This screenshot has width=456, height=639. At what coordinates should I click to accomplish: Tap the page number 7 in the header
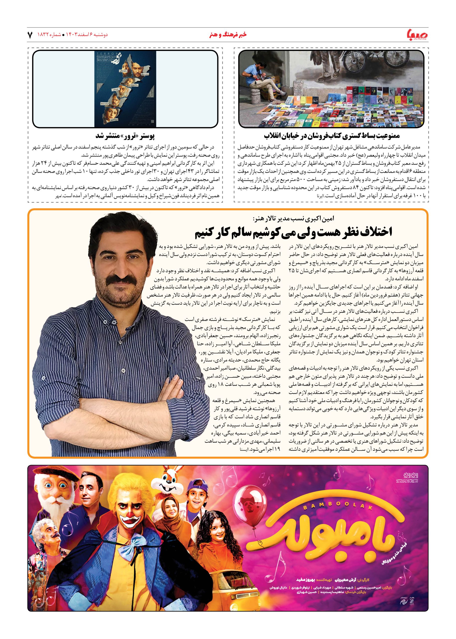pos(30,35)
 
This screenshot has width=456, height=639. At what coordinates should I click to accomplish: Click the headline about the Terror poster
pos(125,136)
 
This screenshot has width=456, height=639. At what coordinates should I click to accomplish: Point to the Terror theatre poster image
pos(125,89)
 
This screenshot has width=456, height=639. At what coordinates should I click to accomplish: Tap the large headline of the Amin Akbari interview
pos(293,232)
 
